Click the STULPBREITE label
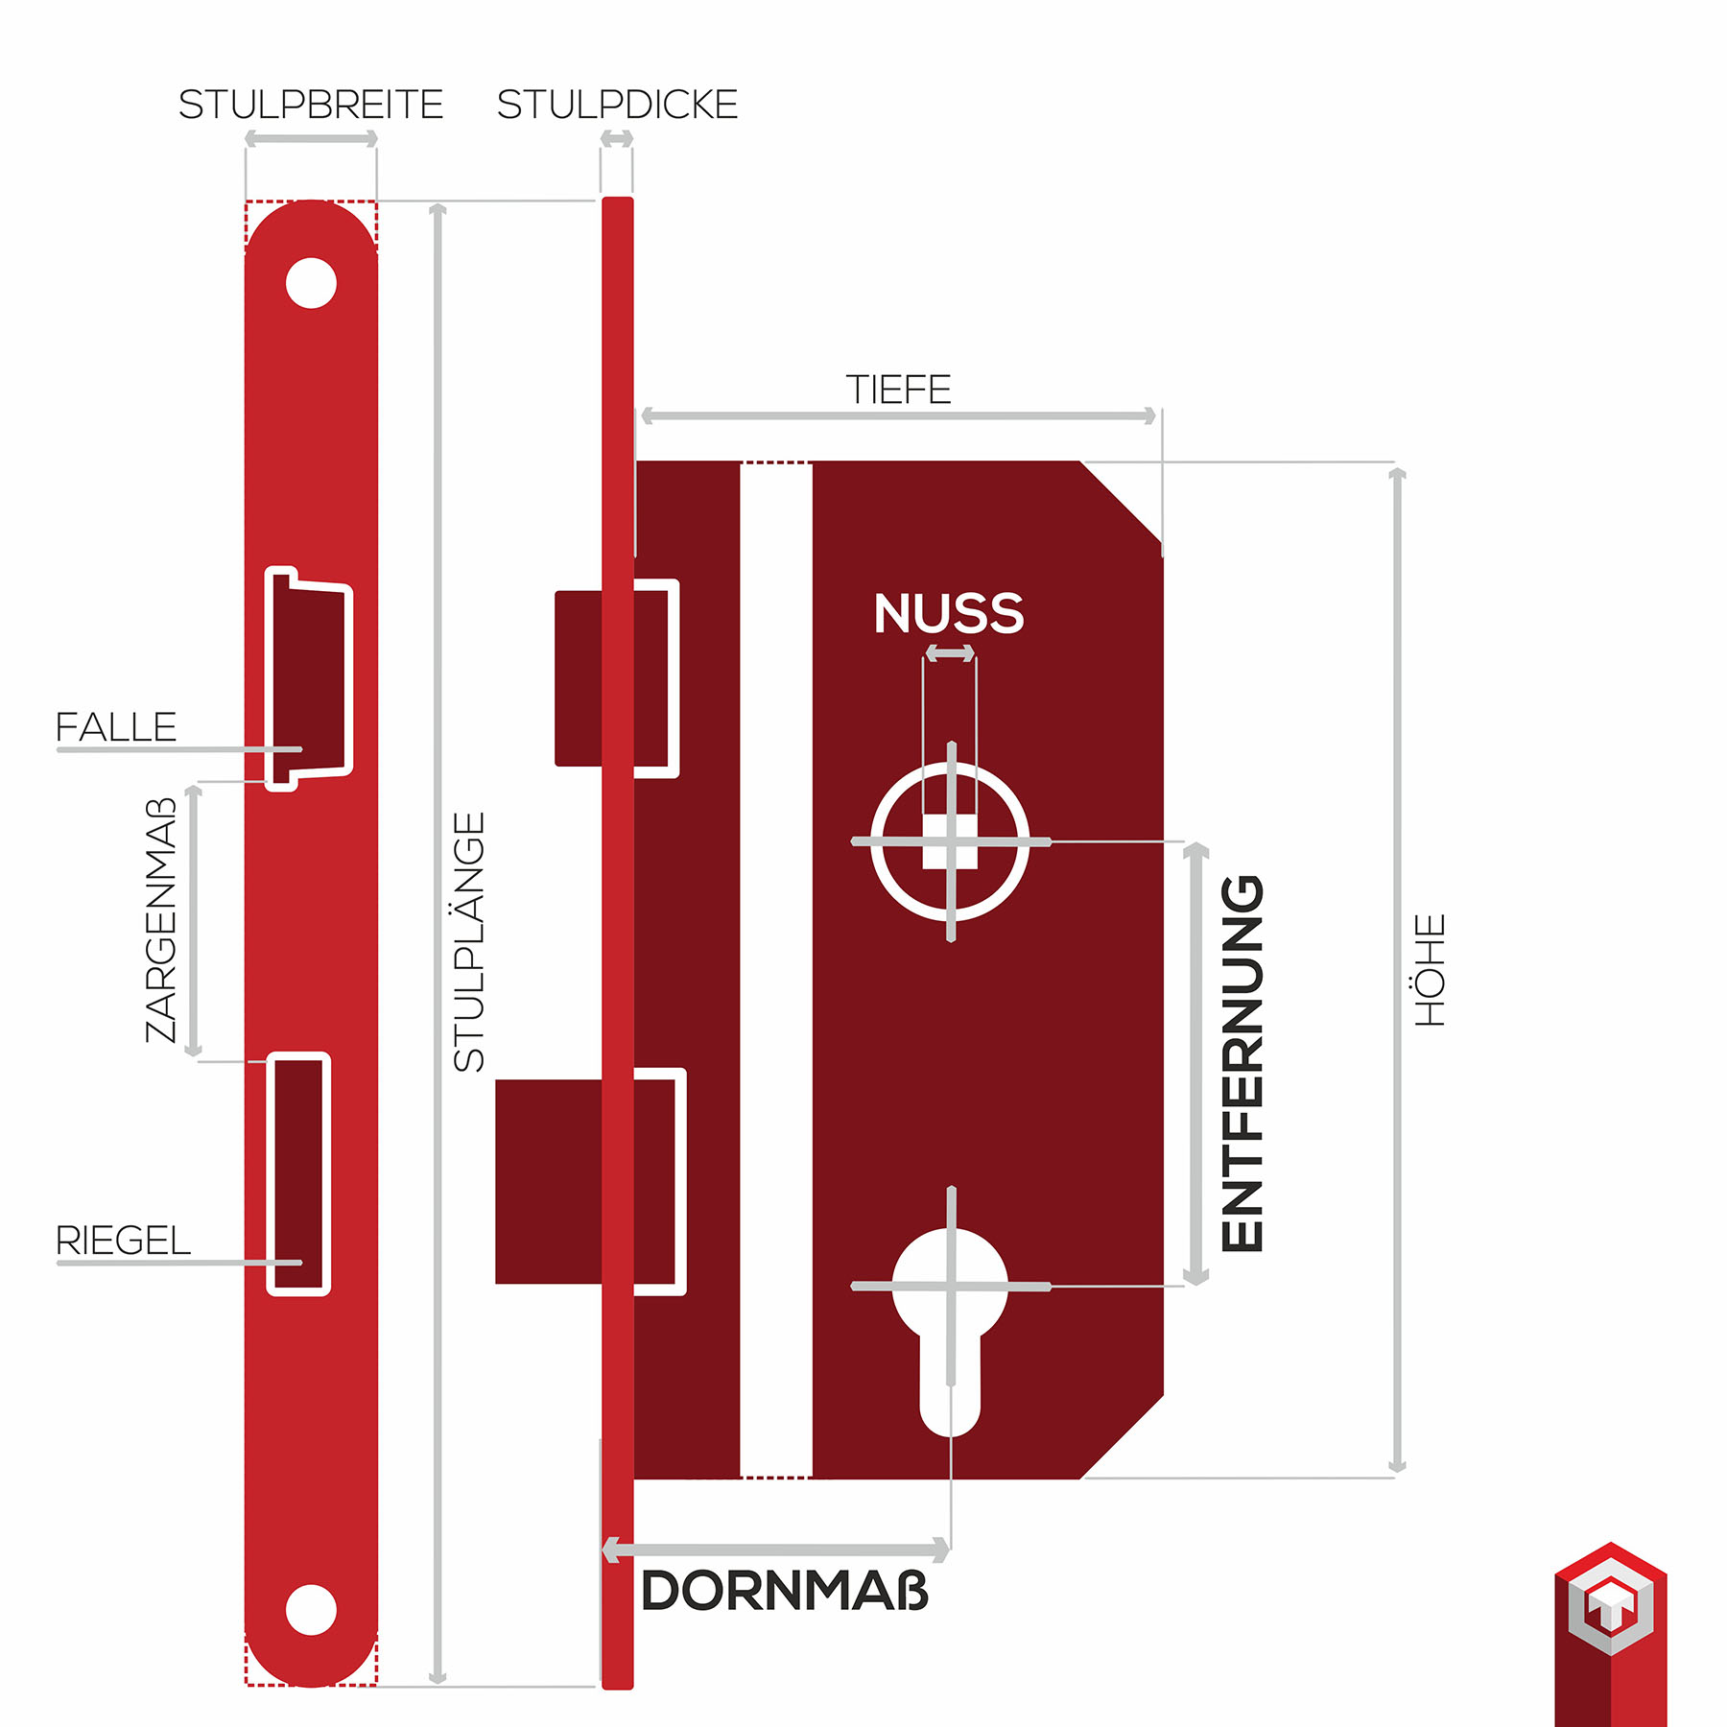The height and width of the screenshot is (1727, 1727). [311, 105]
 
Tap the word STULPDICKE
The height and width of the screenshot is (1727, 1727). [617, 105]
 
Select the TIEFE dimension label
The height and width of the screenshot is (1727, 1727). [898, 390]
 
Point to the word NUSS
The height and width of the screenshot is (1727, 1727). [949, 614]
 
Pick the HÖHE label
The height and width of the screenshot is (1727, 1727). [1430, 969]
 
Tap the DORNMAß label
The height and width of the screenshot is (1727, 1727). [785, 1591]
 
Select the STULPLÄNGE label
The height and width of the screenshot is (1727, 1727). [469, 942]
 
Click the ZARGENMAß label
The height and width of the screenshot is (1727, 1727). [161, 919]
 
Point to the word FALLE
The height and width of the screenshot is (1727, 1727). [116, 727]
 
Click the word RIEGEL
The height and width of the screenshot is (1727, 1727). [123, 1241]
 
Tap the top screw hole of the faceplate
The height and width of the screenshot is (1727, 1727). [311, 283]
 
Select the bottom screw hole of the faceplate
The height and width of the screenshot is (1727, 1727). [311, 1609]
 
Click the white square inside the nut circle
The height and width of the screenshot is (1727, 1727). [950, 841]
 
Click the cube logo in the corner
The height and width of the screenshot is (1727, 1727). [1610, 1631]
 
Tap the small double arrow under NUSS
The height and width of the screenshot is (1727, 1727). [950, 653]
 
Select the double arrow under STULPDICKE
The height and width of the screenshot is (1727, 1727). [617, 139]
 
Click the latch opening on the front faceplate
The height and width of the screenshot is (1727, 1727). [310, 677]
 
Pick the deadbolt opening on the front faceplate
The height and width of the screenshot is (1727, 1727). [298, 1173]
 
